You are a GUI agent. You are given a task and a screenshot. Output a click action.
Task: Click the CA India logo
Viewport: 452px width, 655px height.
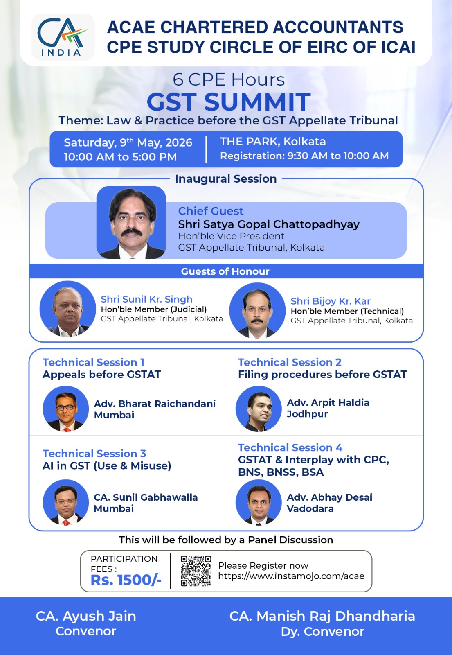(x=63, y=37)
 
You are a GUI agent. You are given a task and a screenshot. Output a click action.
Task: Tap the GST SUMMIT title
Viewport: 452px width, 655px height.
(x=229, y=102)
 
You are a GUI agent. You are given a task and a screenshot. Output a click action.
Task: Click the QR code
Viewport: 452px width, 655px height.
(x=196, y=571)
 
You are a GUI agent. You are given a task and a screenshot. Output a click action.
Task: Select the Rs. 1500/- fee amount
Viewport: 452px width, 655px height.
(x=126, y=580)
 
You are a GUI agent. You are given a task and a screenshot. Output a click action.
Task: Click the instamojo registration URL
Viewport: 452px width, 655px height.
(x=291, y=576)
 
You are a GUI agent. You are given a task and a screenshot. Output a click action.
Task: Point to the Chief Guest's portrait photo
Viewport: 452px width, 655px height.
(x=131, y=222)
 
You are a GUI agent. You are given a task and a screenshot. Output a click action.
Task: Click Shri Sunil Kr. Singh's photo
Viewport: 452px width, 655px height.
(x=68, y=309)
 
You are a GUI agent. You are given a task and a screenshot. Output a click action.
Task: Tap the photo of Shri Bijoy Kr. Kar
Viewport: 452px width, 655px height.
(x=257, y=311)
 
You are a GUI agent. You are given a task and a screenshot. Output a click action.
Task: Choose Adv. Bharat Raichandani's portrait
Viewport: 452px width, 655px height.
(x=66, y=409)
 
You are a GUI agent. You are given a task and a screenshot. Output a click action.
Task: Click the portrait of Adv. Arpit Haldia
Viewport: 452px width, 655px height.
(x=259, y=409)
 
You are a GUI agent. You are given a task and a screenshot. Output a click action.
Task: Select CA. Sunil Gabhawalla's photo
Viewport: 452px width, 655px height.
(x=66, y=502)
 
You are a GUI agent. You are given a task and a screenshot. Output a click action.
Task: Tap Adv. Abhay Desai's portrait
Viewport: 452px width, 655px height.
(x=259, y=502)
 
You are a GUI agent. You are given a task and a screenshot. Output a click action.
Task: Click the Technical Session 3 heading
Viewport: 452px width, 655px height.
(x=94, y=454)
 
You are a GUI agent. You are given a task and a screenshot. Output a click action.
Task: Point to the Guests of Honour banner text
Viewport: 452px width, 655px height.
(x=225, y=271)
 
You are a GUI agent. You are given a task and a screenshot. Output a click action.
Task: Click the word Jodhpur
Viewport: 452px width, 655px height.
(x=307, y=414)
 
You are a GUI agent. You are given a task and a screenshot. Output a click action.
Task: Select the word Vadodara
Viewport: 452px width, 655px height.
(x=310, y=508)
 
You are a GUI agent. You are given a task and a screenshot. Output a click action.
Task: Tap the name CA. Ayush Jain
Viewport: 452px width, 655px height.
(x=86, y=616)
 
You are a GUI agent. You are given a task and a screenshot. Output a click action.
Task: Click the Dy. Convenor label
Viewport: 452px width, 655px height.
(x=323, y=632)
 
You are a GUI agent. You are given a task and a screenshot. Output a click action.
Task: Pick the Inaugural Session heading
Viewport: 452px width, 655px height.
(x=226, y=178)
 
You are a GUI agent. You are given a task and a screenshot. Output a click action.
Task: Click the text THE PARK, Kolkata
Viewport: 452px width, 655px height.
(x=272, y=142)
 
